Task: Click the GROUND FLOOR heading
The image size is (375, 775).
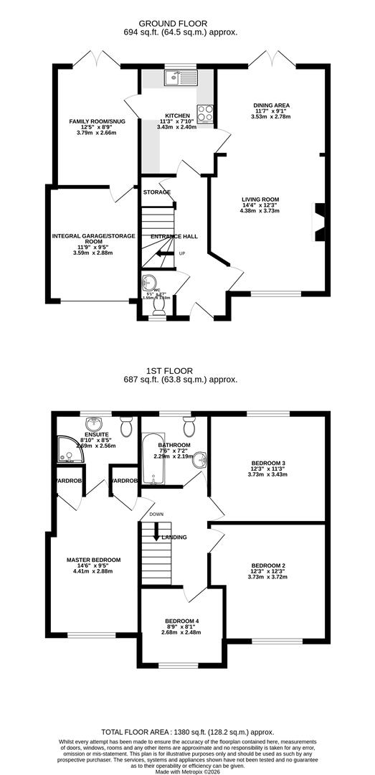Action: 188,24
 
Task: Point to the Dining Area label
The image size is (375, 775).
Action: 271,105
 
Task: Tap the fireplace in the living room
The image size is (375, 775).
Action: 320,223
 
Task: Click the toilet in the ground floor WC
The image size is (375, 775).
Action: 158,306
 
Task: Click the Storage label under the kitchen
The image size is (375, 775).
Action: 156,192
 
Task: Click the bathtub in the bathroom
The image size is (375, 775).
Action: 153,459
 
